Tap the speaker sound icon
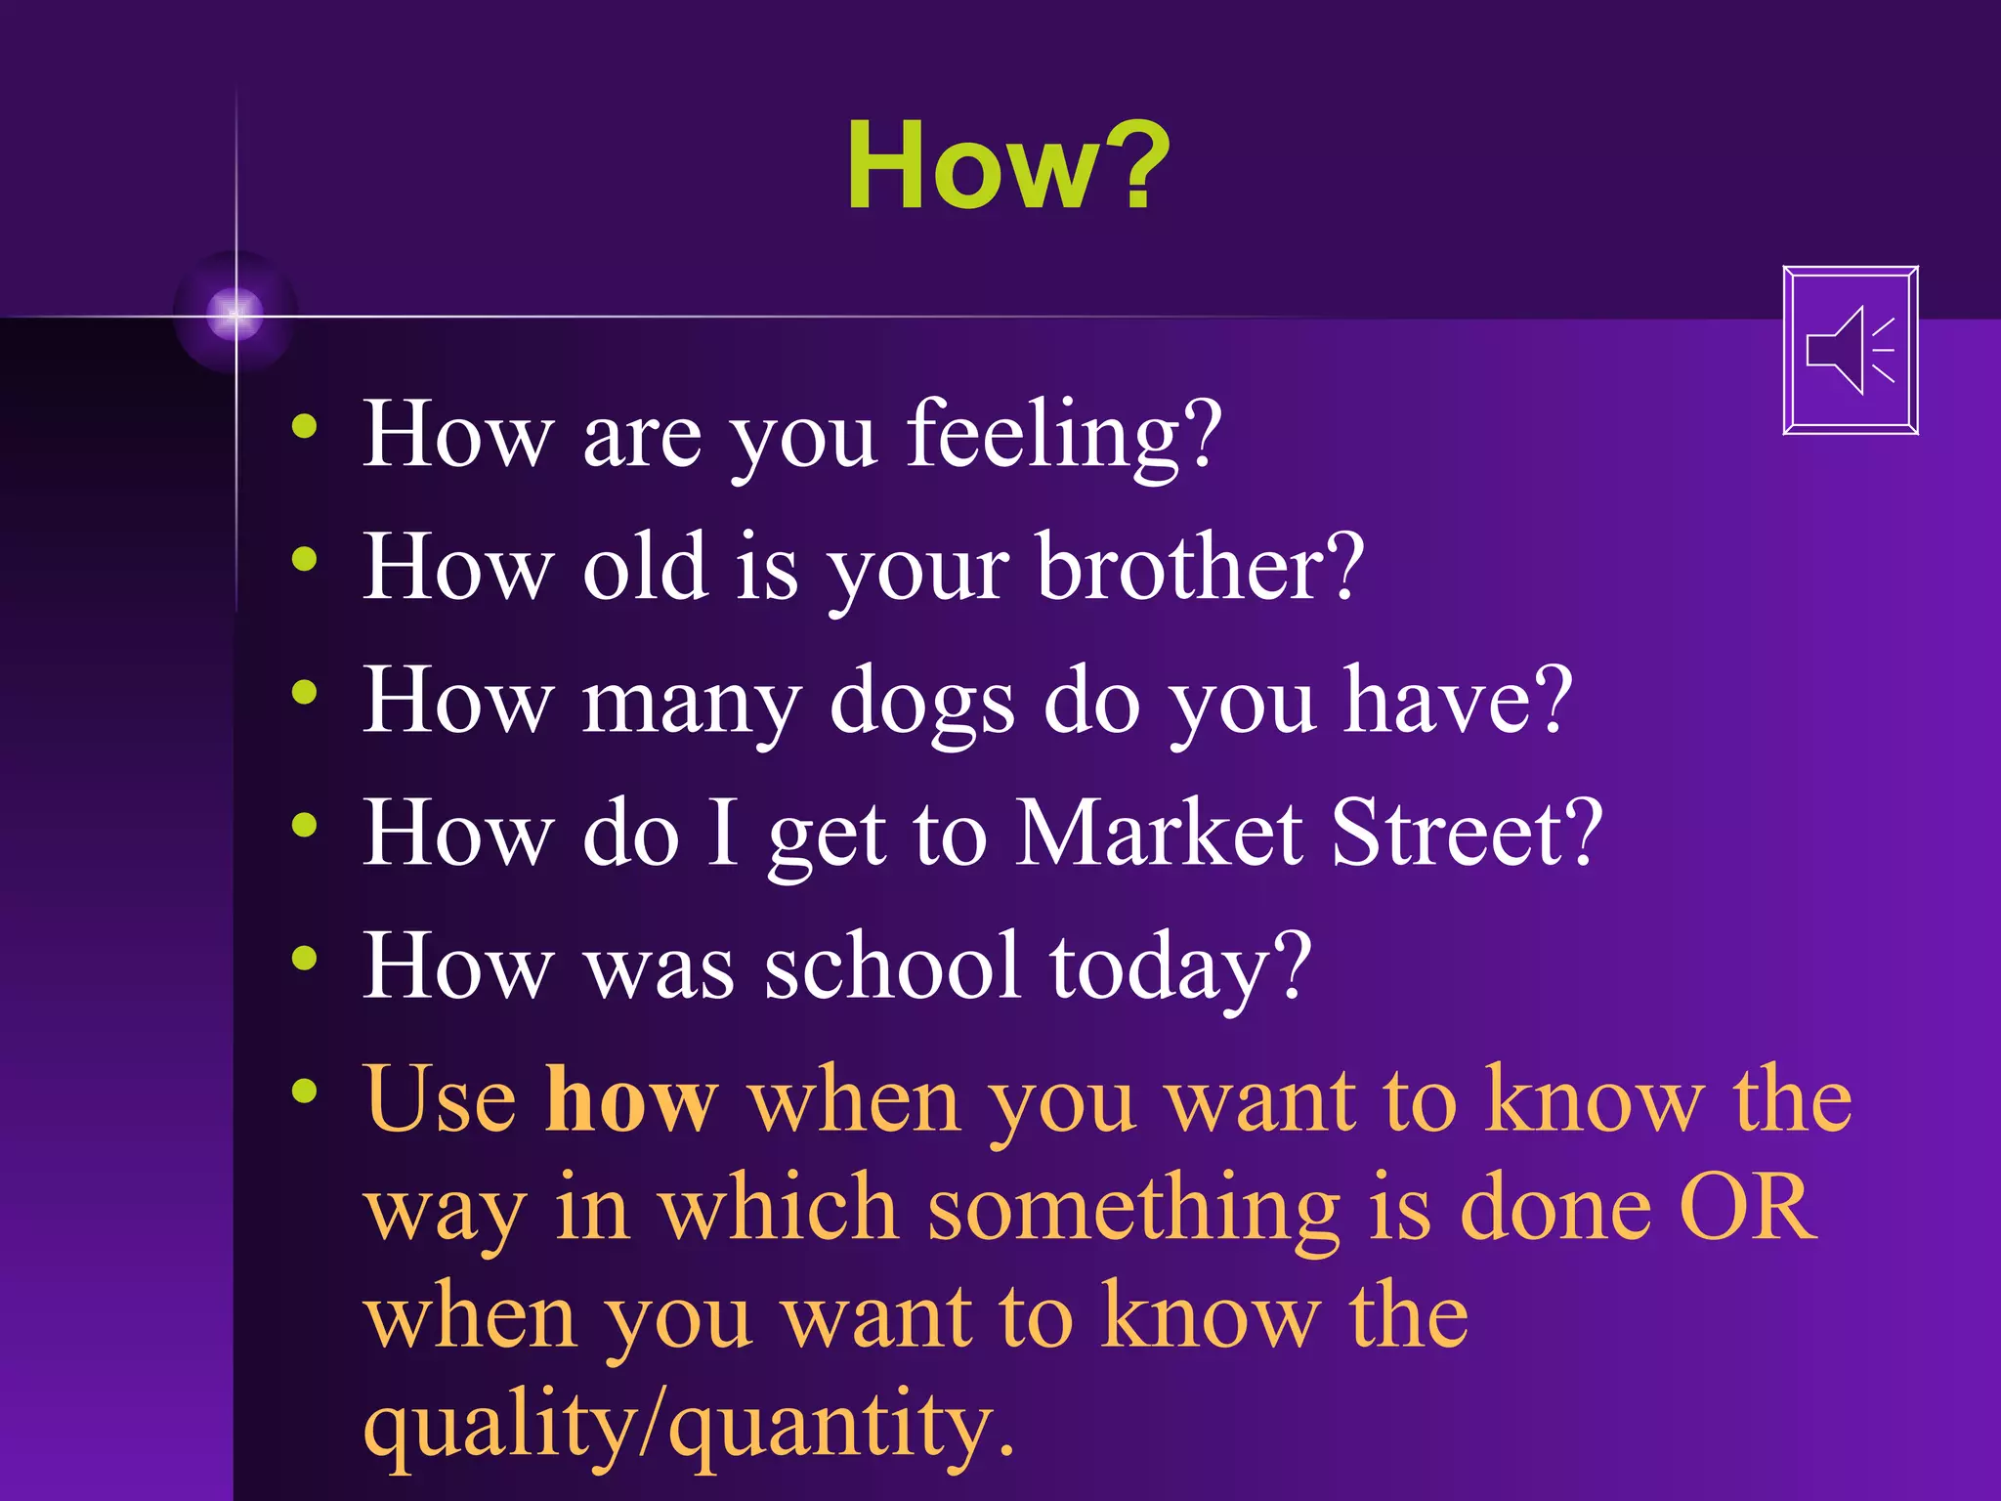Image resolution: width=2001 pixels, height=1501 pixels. [1850, 350]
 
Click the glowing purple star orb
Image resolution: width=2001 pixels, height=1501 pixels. [234, 314]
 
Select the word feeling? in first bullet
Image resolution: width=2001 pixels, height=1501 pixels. [1063, 435]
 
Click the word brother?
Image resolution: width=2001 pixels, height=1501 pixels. [1200, 568]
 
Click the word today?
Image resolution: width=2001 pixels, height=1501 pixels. [1180, 967]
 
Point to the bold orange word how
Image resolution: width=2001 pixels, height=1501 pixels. [631, 1099]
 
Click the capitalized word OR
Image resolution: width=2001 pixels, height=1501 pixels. [1746, 1208]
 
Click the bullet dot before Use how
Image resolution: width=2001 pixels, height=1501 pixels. [304, 1091]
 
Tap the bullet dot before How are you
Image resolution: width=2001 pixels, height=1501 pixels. [304, 426]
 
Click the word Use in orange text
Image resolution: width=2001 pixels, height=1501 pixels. [440, 1099]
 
